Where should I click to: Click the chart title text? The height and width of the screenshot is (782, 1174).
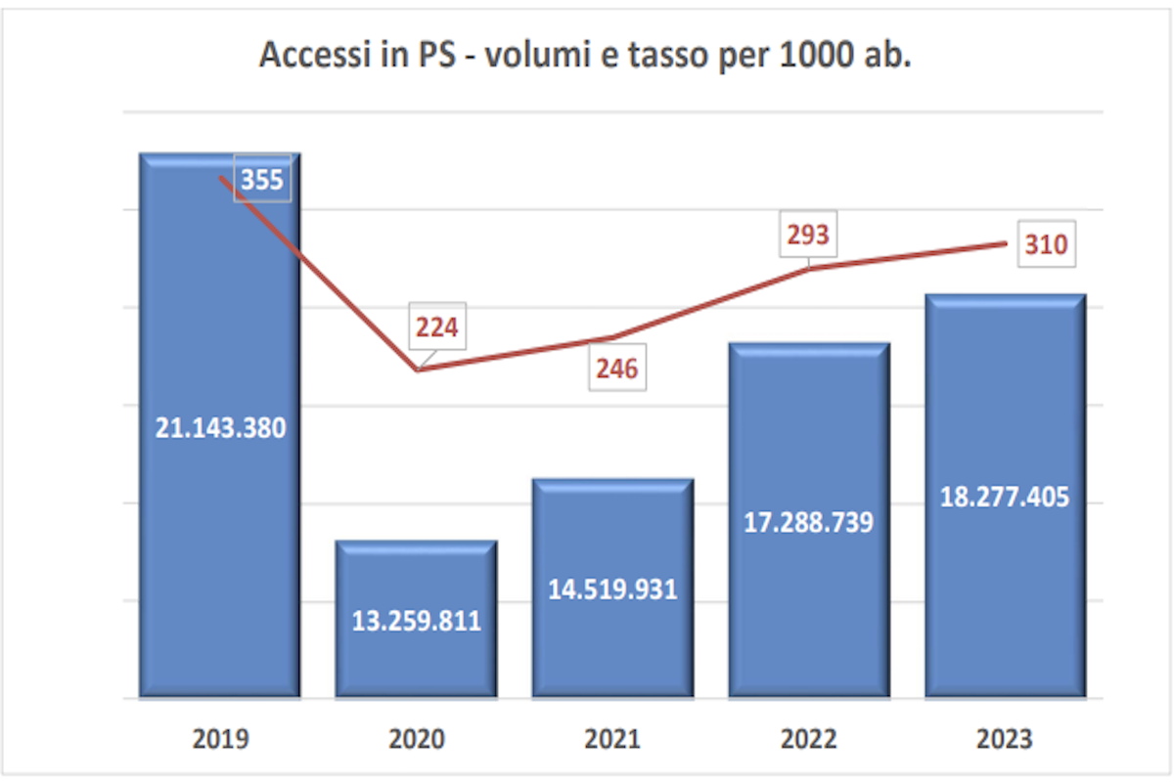point(585,55)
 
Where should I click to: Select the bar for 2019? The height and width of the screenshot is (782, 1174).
point(219,425)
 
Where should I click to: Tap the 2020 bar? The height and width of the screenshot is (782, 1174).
point(416,619)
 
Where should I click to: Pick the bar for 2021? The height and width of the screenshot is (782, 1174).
point(612,588)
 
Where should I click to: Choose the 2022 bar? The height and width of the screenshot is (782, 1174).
point(809,520)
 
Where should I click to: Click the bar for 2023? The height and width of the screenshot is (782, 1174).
point(1006,496)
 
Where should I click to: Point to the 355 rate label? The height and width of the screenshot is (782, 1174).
point(262,179)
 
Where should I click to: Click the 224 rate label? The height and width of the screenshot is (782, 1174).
point(437,326)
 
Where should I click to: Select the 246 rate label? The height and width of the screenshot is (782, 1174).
point(617,369)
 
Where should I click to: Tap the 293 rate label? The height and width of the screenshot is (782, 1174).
point(808,235)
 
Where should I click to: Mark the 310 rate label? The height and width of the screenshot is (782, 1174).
point(1047,244)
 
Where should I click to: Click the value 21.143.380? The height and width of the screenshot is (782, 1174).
point(221,428)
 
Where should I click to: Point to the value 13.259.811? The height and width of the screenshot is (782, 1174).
point(417,621)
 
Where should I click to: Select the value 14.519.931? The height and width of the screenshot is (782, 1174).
point(612,589)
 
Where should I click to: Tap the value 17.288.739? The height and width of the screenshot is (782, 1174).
point(809,522)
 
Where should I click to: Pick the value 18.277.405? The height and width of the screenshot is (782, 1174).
point(1005,497)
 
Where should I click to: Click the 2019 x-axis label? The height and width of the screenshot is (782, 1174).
point(221,739)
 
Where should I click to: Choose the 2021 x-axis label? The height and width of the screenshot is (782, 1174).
point(612,739)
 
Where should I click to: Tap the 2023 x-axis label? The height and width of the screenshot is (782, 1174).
point(1005,739)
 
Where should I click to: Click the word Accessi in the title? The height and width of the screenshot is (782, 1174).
point(315,54)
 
